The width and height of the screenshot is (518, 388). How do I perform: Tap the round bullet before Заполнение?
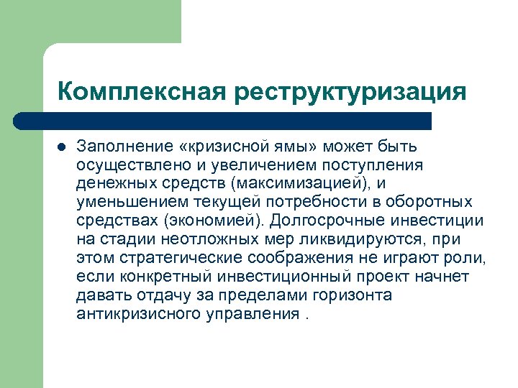pyautogui.click(x=61, y=147)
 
